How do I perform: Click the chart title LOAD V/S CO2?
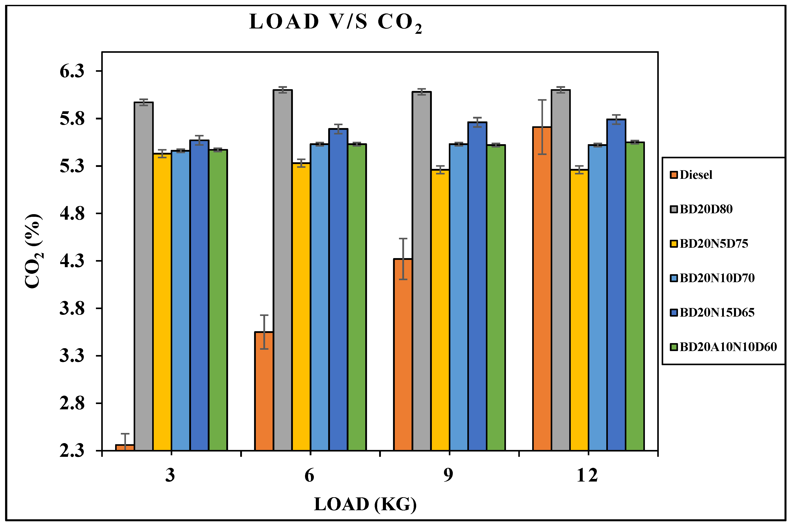[x=335, y=22]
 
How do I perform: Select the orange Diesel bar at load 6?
[x=264, y=391]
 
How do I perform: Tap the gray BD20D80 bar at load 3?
[x=144, y=277]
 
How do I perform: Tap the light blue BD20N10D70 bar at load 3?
[x=181, y=300]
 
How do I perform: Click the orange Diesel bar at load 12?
[x=542, y=288]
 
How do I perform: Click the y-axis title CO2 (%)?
[x=34, y=251]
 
